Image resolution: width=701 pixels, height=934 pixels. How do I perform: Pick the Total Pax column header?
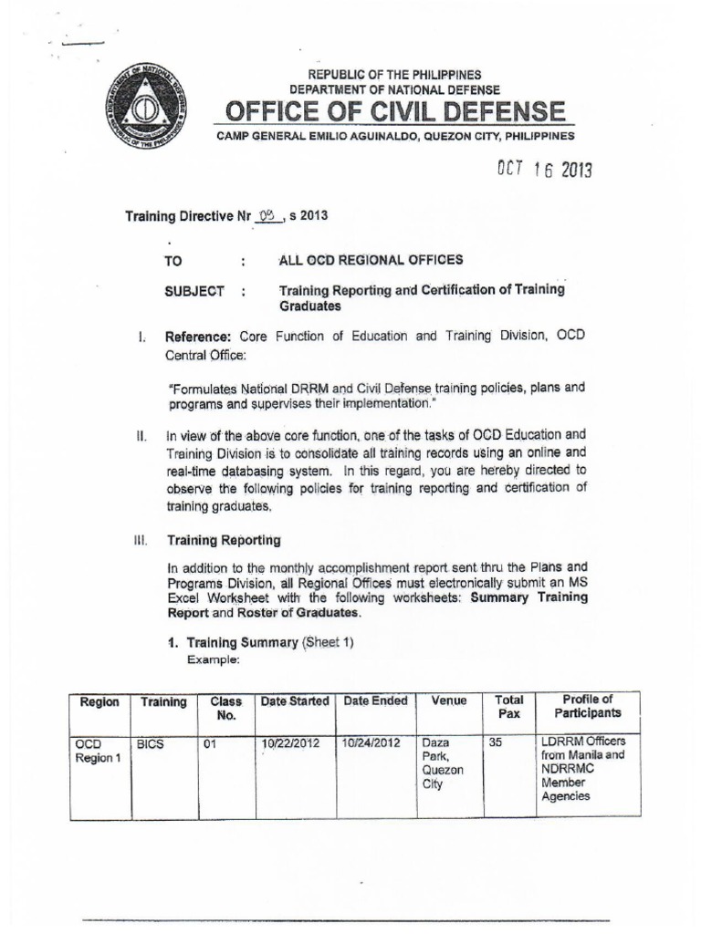click(x=508, y=707)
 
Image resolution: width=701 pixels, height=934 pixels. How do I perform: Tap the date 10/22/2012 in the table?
click(x=289, y=743)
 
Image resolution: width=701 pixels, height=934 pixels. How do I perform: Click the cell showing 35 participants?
click(x=496, y=743)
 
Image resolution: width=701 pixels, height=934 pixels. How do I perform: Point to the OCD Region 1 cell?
click(x=94, y=750)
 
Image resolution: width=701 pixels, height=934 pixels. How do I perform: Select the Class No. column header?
click(x=225, y=708)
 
